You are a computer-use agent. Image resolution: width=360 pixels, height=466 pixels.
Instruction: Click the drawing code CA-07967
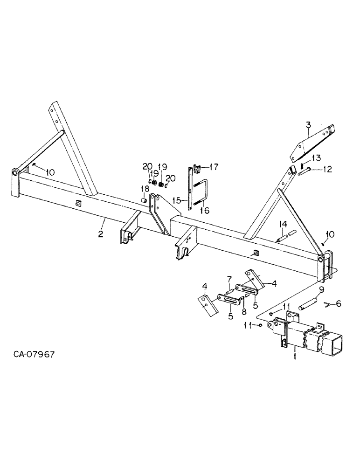point(34,355)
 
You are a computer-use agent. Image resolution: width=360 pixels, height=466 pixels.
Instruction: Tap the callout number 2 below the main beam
point(100,233)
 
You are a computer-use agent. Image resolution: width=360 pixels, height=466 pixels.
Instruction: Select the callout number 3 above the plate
point(309,125)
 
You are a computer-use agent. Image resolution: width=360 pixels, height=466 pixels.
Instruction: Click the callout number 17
point(214,167)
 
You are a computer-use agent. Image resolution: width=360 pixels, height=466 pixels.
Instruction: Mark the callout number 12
point(327,169)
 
